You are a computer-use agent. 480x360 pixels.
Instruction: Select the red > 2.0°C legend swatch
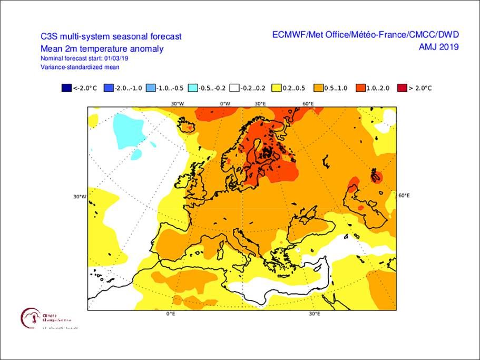403,89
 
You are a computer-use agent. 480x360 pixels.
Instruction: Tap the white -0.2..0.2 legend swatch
236,89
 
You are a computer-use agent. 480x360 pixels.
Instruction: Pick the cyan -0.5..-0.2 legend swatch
193,89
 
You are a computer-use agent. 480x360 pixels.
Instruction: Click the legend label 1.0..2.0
378,89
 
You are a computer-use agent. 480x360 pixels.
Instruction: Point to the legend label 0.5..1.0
337,89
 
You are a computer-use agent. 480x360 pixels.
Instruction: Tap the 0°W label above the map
224,103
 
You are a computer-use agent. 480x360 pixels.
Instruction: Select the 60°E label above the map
308,103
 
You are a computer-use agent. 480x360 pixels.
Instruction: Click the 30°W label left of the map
80,197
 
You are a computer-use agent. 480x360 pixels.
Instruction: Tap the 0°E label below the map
171,314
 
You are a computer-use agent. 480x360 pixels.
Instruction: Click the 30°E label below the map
314,314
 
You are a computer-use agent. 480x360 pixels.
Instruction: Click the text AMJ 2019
438,47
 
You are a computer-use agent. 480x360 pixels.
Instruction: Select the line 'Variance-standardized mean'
80,67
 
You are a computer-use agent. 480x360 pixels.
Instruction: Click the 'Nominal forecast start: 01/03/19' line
84,58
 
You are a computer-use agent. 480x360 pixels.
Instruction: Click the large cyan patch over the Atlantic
129,129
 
